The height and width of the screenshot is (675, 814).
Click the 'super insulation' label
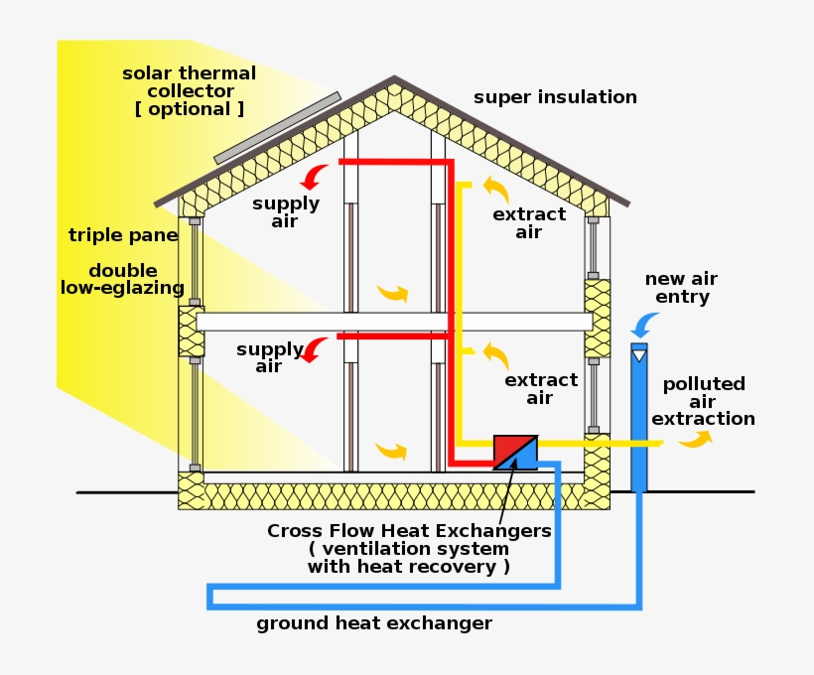[555, 97]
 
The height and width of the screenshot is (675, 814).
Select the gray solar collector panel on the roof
[277, 128]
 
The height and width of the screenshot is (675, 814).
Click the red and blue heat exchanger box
[515, 452]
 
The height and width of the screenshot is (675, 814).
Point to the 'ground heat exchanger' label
[373, 623]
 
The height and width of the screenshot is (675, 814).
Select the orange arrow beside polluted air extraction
[696, 439]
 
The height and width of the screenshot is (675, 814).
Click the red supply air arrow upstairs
[315, 178]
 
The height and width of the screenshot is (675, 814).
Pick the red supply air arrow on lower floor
[315, 349]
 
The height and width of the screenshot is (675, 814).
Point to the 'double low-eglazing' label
[123, 280]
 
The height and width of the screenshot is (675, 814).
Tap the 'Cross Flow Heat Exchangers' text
[409, 531]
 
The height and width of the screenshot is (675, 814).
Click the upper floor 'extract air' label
[529, 223]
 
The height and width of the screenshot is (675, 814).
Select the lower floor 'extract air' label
[540, 389]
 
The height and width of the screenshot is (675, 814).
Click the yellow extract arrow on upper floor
[495, 188]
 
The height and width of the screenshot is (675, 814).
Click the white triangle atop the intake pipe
[639, 355]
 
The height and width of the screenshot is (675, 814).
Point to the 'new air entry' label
[681, 288]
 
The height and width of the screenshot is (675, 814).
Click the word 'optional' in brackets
[189, 109]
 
